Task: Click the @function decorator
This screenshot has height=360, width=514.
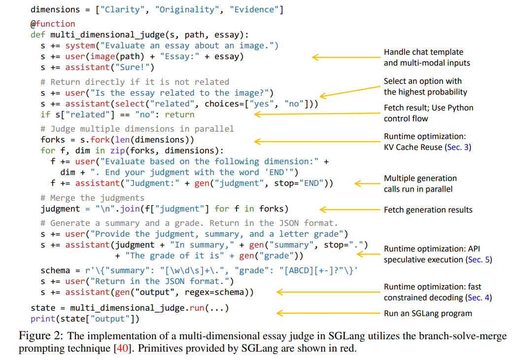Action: coord(53,24)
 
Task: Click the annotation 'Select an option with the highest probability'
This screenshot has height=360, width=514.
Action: coord(425,86)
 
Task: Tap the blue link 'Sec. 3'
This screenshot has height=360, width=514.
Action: coord(458,147)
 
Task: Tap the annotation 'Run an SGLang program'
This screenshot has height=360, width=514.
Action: coord(428,313)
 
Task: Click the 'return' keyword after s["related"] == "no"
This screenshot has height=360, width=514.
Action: coord(179,114)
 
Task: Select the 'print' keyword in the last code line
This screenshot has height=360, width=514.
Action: coord(42,319)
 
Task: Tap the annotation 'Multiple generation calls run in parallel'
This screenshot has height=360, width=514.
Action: coord(420,183)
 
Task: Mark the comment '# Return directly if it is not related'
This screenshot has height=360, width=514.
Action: coord(135,82)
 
